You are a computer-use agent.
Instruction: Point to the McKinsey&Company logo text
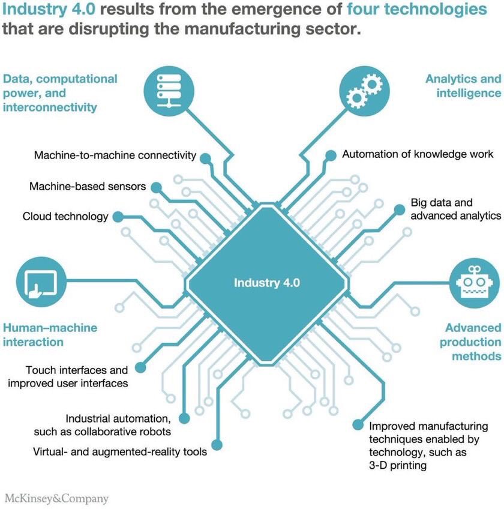56,498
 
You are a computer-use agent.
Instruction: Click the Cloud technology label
65,216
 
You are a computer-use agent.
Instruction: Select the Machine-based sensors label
88,186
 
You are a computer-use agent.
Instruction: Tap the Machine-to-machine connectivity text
115,155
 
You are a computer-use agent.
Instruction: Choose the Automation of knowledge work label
418,154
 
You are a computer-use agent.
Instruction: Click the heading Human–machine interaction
50,335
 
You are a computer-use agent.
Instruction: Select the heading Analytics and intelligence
463,86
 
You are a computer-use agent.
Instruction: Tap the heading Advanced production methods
471,342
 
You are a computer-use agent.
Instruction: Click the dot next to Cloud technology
118,216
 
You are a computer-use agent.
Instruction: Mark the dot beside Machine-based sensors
155,187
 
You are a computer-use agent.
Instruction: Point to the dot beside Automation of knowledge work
331,155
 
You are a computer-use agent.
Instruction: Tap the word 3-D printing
398,465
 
